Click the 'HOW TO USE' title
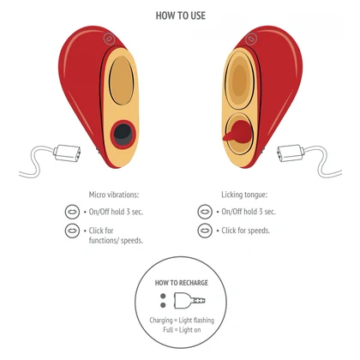point(181,15)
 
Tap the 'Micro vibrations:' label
point(114,195)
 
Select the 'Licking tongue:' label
point(244,195)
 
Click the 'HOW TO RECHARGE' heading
point(182,283)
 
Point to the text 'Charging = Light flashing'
point(182,320)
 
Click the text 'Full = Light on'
point(182,330)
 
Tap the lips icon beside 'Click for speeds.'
point(205,231)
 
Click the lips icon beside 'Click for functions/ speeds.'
point(72,231)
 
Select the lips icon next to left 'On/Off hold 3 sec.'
point(72,212)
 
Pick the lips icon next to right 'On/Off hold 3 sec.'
point(205,212)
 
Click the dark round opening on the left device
point(123,135)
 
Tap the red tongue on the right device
point(237,132)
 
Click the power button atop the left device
point(109,39)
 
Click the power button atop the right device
point(251,39)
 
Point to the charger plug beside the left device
point(68,153)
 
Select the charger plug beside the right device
point(291,153)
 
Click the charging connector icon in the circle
point(189,300)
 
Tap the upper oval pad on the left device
point(122,81)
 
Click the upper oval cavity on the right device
point(239,80)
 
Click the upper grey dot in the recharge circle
point(163,296)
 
